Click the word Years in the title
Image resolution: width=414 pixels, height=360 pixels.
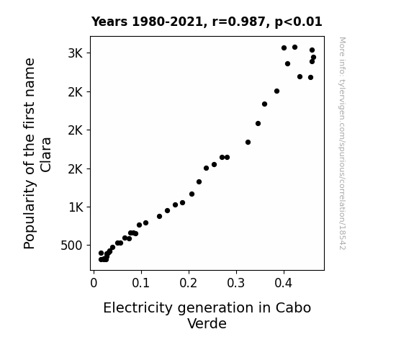(109, 22)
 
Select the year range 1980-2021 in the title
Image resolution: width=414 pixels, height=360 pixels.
(167, 22)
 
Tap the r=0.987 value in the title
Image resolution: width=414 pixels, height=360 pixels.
(239, 22)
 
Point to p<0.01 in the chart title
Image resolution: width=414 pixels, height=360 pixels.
(298, 22)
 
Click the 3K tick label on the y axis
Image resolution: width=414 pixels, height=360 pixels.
(76, 53)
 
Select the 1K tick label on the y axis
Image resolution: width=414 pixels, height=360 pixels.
(76, 207)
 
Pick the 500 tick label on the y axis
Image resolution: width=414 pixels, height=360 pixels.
(71, 246)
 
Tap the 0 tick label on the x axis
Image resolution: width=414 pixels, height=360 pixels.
(94, 283)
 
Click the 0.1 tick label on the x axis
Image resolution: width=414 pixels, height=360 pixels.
(141, 283)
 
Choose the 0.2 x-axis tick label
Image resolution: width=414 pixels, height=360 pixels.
(189, 283)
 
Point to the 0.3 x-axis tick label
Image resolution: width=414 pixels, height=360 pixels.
(236, 283)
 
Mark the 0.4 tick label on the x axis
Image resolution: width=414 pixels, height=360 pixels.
(284, 283)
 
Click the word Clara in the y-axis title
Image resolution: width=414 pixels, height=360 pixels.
(45, 155)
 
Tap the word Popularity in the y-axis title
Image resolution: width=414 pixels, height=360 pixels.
(29, 215)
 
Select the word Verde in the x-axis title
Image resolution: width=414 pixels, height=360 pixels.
(207, 323)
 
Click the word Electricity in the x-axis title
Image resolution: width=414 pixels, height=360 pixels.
(138, 308)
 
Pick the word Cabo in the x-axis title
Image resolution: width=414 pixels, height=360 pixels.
(293, 308)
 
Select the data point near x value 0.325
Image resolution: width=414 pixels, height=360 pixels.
(248, 142)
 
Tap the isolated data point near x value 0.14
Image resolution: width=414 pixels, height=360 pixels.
(159, 216)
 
